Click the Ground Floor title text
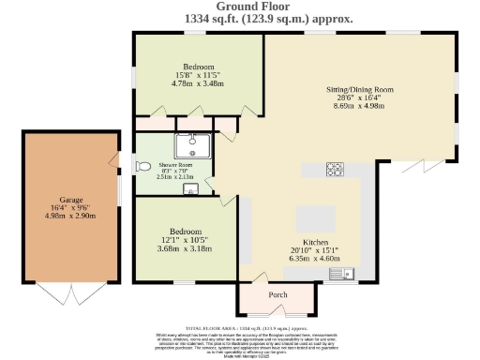pos(240,7)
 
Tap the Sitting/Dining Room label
pos(359,89)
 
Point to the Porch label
pos(277,294)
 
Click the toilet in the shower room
pos(142,166)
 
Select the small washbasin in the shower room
pos(191,190)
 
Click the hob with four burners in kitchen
pos(335,170)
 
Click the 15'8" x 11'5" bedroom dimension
pos(198,75)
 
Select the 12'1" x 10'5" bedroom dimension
pos(185,240)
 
